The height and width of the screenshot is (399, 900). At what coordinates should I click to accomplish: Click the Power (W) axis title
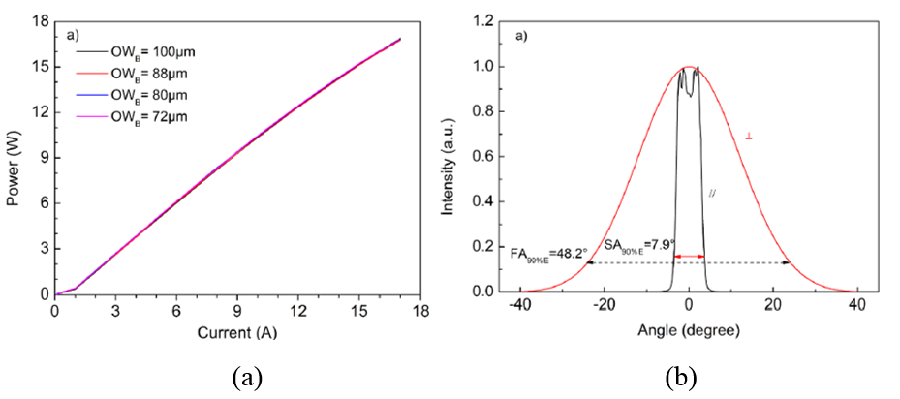[13, 158]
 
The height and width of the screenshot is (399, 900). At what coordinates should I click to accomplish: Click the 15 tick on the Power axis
[39, 66]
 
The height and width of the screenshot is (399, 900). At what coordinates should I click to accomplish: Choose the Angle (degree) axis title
[689, 330]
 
